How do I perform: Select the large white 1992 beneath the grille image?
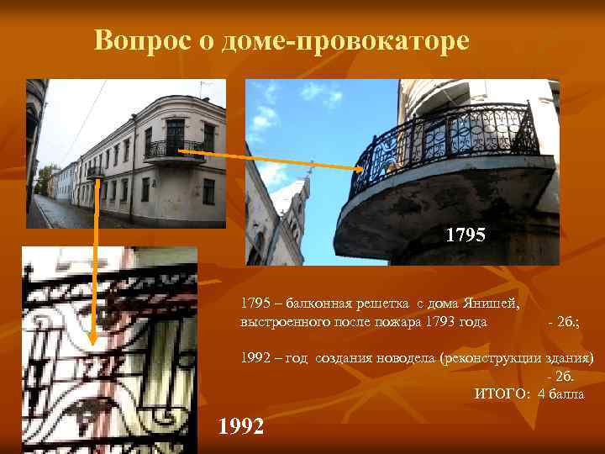[x=241, y=426]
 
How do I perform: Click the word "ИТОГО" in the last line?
[x=501, y=393]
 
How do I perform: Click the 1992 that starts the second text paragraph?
[x=255, y=357]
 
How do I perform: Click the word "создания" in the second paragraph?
[x=343, y=357]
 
